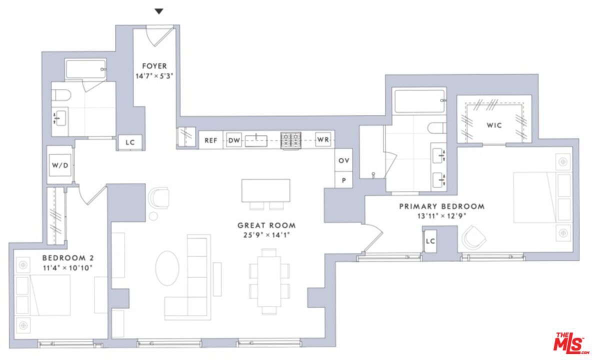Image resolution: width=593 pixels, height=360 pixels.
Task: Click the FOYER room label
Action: [x=154, y=66]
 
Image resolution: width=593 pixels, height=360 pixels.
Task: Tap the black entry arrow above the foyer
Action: [x=158, y=11]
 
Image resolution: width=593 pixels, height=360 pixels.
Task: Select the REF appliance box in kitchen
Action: [x=210, y=140]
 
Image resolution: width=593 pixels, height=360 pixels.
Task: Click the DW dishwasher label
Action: [x=234, y=140]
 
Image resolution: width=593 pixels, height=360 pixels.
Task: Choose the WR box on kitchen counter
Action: [x=323, y=140]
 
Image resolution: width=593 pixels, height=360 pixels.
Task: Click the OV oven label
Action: [x=343, y=161]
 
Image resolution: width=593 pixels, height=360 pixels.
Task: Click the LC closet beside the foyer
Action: [x=130, y=142]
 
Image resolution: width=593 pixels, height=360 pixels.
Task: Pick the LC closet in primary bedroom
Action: [x=430, y=241]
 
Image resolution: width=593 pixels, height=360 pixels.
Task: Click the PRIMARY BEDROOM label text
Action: [x=441, y=206]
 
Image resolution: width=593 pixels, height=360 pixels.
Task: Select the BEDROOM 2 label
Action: [x=67, y=258]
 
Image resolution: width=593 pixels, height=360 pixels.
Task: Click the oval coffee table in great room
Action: [x=166, y=267]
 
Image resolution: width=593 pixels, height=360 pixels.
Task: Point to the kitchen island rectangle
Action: [x=265, y=190]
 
